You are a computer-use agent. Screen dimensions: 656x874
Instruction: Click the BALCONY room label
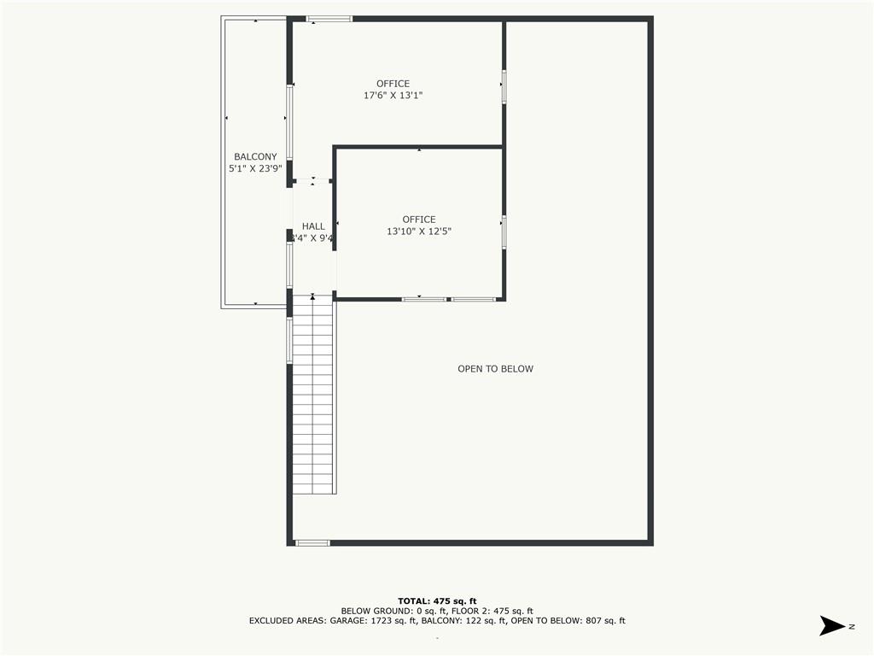255,156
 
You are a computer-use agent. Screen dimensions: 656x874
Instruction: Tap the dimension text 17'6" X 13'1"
393,96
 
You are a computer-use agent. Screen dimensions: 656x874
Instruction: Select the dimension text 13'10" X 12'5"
418,231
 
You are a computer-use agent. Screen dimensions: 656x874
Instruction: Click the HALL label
313,226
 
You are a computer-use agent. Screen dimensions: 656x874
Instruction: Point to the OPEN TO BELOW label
495,369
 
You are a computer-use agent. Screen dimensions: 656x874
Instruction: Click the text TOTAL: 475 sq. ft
437,600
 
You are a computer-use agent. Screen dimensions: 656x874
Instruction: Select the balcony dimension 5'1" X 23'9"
255,169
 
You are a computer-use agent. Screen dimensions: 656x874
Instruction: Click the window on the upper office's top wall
329,18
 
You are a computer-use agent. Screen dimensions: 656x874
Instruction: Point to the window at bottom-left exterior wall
312,542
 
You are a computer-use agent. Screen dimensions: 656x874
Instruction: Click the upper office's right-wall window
504,85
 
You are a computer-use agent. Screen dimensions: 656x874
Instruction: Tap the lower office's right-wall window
504,232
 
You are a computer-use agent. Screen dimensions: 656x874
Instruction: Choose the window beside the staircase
289,340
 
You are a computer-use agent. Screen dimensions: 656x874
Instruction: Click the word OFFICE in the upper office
393,84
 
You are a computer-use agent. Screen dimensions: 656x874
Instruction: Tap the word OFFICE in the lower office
418,220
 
